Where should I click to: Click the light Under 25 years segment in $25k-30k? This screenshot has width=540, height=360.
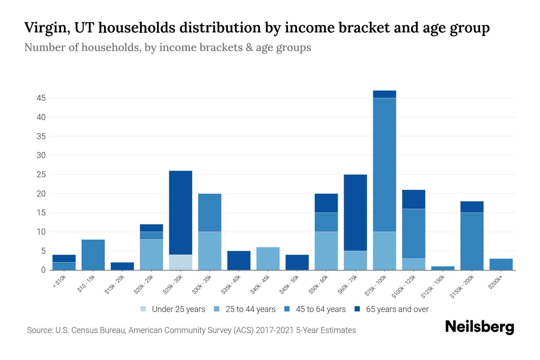tap(181, 262)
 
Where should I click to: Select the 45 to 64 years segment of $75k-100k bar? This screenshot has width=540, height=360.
tap(384, 165)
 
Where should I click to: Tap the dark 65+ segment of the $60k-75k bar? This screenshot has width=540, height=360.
tap(355, 212)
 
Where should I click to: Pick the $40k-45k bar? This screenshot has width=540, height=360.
tap(268, 258)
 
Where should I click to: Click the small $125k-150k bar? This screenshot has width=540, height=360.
tap(442, 268)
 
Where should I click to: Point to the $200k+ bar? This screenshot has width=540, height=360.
tap(501, 264)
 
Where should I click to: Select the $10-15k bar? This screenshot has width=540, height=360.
tap(93, 254)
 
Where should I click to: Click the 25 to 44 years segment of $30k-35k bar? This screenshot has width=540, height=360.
tap(210, 251)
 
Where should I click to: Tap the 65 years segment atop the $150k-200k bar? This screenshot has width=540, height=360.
tap(472, 207)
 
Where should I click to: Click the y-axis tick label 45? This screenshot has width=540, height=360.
tap(41, 98)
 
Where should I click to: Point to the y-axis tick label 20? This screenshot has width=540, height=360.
tap(41, 194)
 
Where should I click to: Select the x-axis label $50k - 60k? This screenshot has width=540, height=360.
tap(319, 285)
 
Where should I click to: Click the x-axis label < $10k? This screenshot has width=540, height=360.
tap(59, 282)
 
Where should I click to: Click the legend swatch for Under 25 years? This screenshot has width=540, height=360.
tap(143, 309)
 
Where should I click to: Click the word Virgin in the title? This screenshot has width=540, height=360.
tap(47, 28)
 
